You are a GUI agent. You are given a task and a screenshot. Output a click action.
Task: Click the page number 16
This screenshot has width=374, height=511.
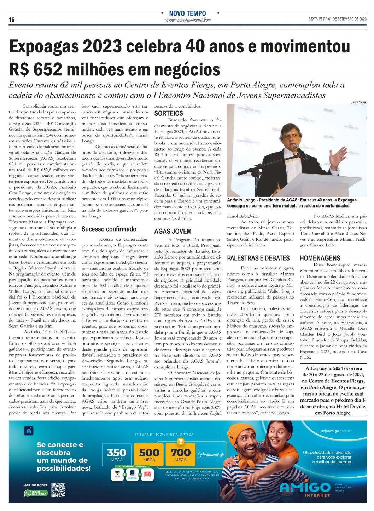click(12, 20)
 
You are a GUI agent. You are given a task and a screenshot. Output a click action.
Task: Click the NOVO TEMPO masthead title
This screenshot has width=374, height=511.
click(187, 13)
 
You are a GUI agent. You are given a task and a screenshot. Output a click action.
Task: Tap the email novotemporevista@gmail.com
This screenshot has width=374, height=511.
click(187, 20)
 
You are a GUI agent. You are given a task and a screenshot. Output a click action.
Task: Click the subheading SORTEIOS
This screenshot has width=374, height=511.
click(169, 114)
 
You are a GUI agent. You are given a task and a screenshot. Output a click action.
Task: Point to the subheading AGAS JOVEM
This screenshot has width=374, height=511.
click(173, 231)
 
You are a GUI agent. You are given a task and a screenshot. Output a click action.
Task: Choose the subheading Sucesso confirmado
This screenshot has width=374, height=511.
click(109, 229)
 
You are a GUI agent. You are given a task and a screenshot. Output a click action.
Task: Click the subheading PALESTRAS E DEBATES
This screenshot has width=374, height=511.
click(258, 258)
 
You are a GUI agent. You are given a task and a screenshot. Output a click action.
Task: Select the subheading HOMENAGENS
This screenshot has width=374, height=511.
click(320, 258)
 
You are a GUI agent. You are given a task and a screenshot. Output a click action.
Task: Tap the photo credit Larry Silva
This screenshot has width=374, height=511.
click(358, 102)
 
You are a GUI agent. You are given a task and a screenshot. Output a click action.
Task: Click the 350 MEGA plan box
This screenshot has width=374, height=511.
click(117, 454)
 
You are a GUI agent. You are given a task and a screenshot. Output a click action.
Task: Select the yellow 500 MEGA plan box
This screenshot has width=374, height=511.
click(149, 454)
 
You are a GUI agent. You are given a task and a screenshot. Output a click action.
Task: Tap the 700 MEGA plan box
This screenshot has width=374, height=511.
click(181, 454)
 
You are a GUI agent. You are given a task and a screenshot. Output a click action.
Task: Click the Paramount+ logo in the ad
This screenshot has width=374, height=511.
click(211, 455)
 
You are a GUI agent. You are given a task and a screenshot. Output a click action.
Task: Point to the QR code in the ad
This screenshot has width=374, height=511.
click(59, 490)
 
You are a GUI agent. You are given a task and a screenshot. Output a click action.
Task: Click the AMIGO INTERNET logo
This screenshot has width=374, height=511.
click(305, 488)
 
